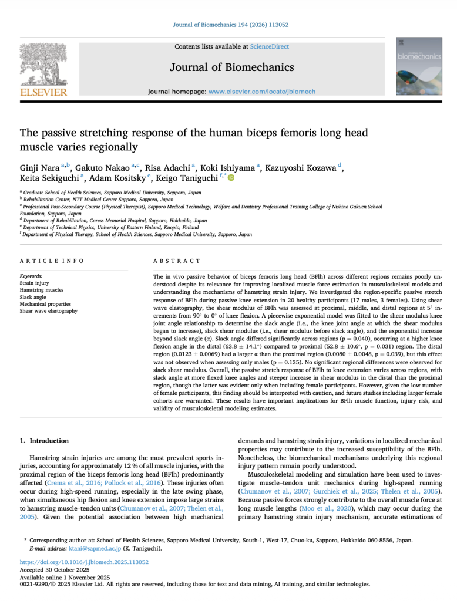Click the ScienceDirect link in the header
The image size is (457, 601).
(269, 46)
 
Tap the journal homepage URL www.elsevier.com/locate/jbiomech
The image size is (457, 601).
(261, 92)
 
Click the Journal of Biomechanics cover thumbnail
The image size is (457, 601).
(419, 66)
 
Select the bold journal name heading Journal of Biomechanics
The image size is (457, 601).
(232, 67)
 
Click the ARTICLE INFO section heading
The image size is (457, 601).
(52, 261)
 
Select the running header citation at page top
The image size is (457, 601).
(228, 25)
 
